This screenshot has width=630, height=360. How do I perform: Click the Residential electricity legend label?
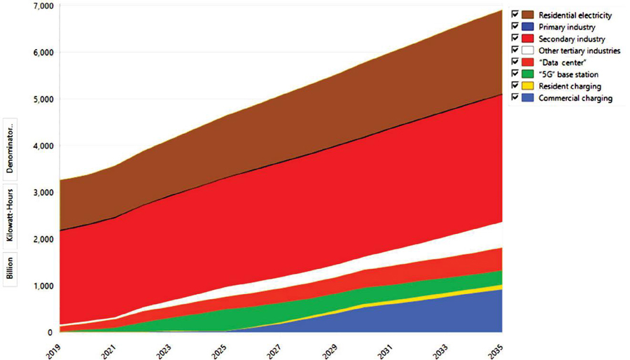coord(573,15)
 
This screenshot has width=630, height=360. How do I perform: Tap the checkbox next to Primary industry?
coord(514,27)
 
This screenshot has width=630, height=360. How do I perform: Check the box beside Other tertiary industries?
coord(514,50)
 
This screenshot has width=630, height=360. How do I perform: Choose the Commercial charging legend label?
coord(575,98)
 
